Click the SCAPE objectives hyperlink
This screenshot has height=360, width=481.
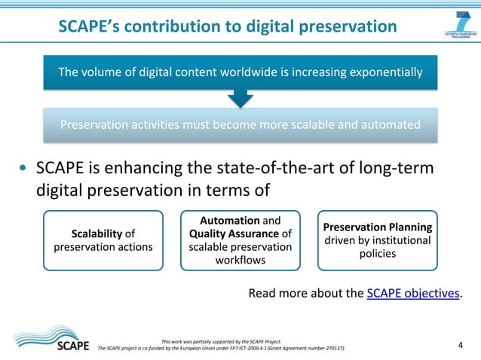point(412,293)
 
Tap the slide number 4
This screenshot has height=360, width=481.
point(461,346)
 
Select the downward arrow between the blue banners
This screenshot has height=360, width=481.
point(240,97)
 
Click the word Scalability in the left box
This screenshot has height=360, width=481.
point(96,233)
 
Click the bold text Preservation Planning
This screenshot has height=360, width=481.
point(377,227)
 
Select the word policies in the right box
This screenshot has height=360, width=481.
point(377,254)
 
